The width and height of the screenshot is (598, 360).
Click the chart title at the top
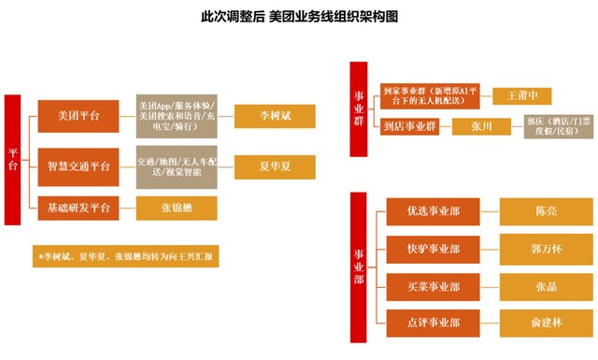(x=298, y=17)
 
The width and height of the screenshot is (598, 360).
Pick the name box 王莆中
(x=529, y=95)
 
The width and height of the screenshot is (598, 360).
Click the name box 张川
(x=483, y=127)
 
